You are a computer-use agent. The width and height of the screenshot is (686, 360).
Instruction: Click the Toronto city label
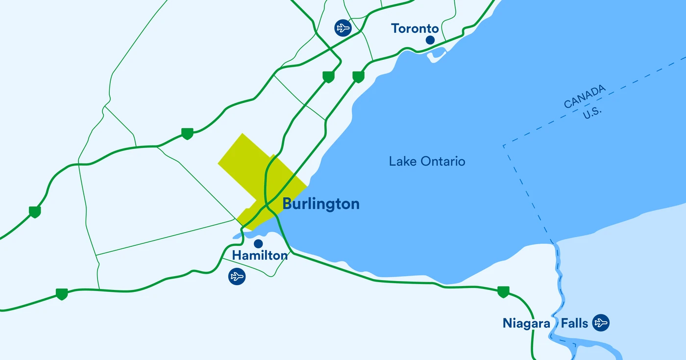415,28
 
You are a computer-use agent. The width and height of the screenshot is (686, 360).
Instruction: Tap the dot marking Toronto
430,40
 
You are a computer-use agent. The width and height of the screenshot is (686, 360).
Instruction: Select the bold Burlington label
321,204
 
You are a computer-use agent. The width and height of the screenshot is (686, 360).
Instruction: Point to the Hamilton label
260,255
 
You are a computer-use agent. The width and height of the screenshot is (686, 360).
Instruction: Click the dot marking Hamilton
258,243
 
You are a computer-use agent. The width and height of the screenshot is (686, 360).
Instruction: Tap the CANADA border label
585,96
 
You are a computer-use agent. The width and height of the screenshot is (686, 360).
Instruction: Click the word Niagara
527,323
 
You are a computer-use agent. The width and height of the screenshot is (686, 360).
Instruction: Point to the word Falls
575,323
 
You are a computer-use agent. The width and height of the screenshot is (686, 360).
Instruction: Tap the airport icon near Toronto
343,27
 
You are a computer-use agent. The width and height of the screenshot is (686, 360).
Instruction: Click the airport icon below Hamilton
237,277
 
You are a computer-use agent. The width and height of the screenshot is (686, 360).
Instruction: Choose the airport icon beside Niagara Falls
601,323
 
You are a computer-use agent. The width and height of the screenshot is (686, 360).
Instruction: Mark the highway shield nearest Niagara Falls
503,291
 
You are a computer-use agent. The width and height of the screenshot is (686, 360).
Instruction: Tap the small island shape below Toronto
436,56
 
